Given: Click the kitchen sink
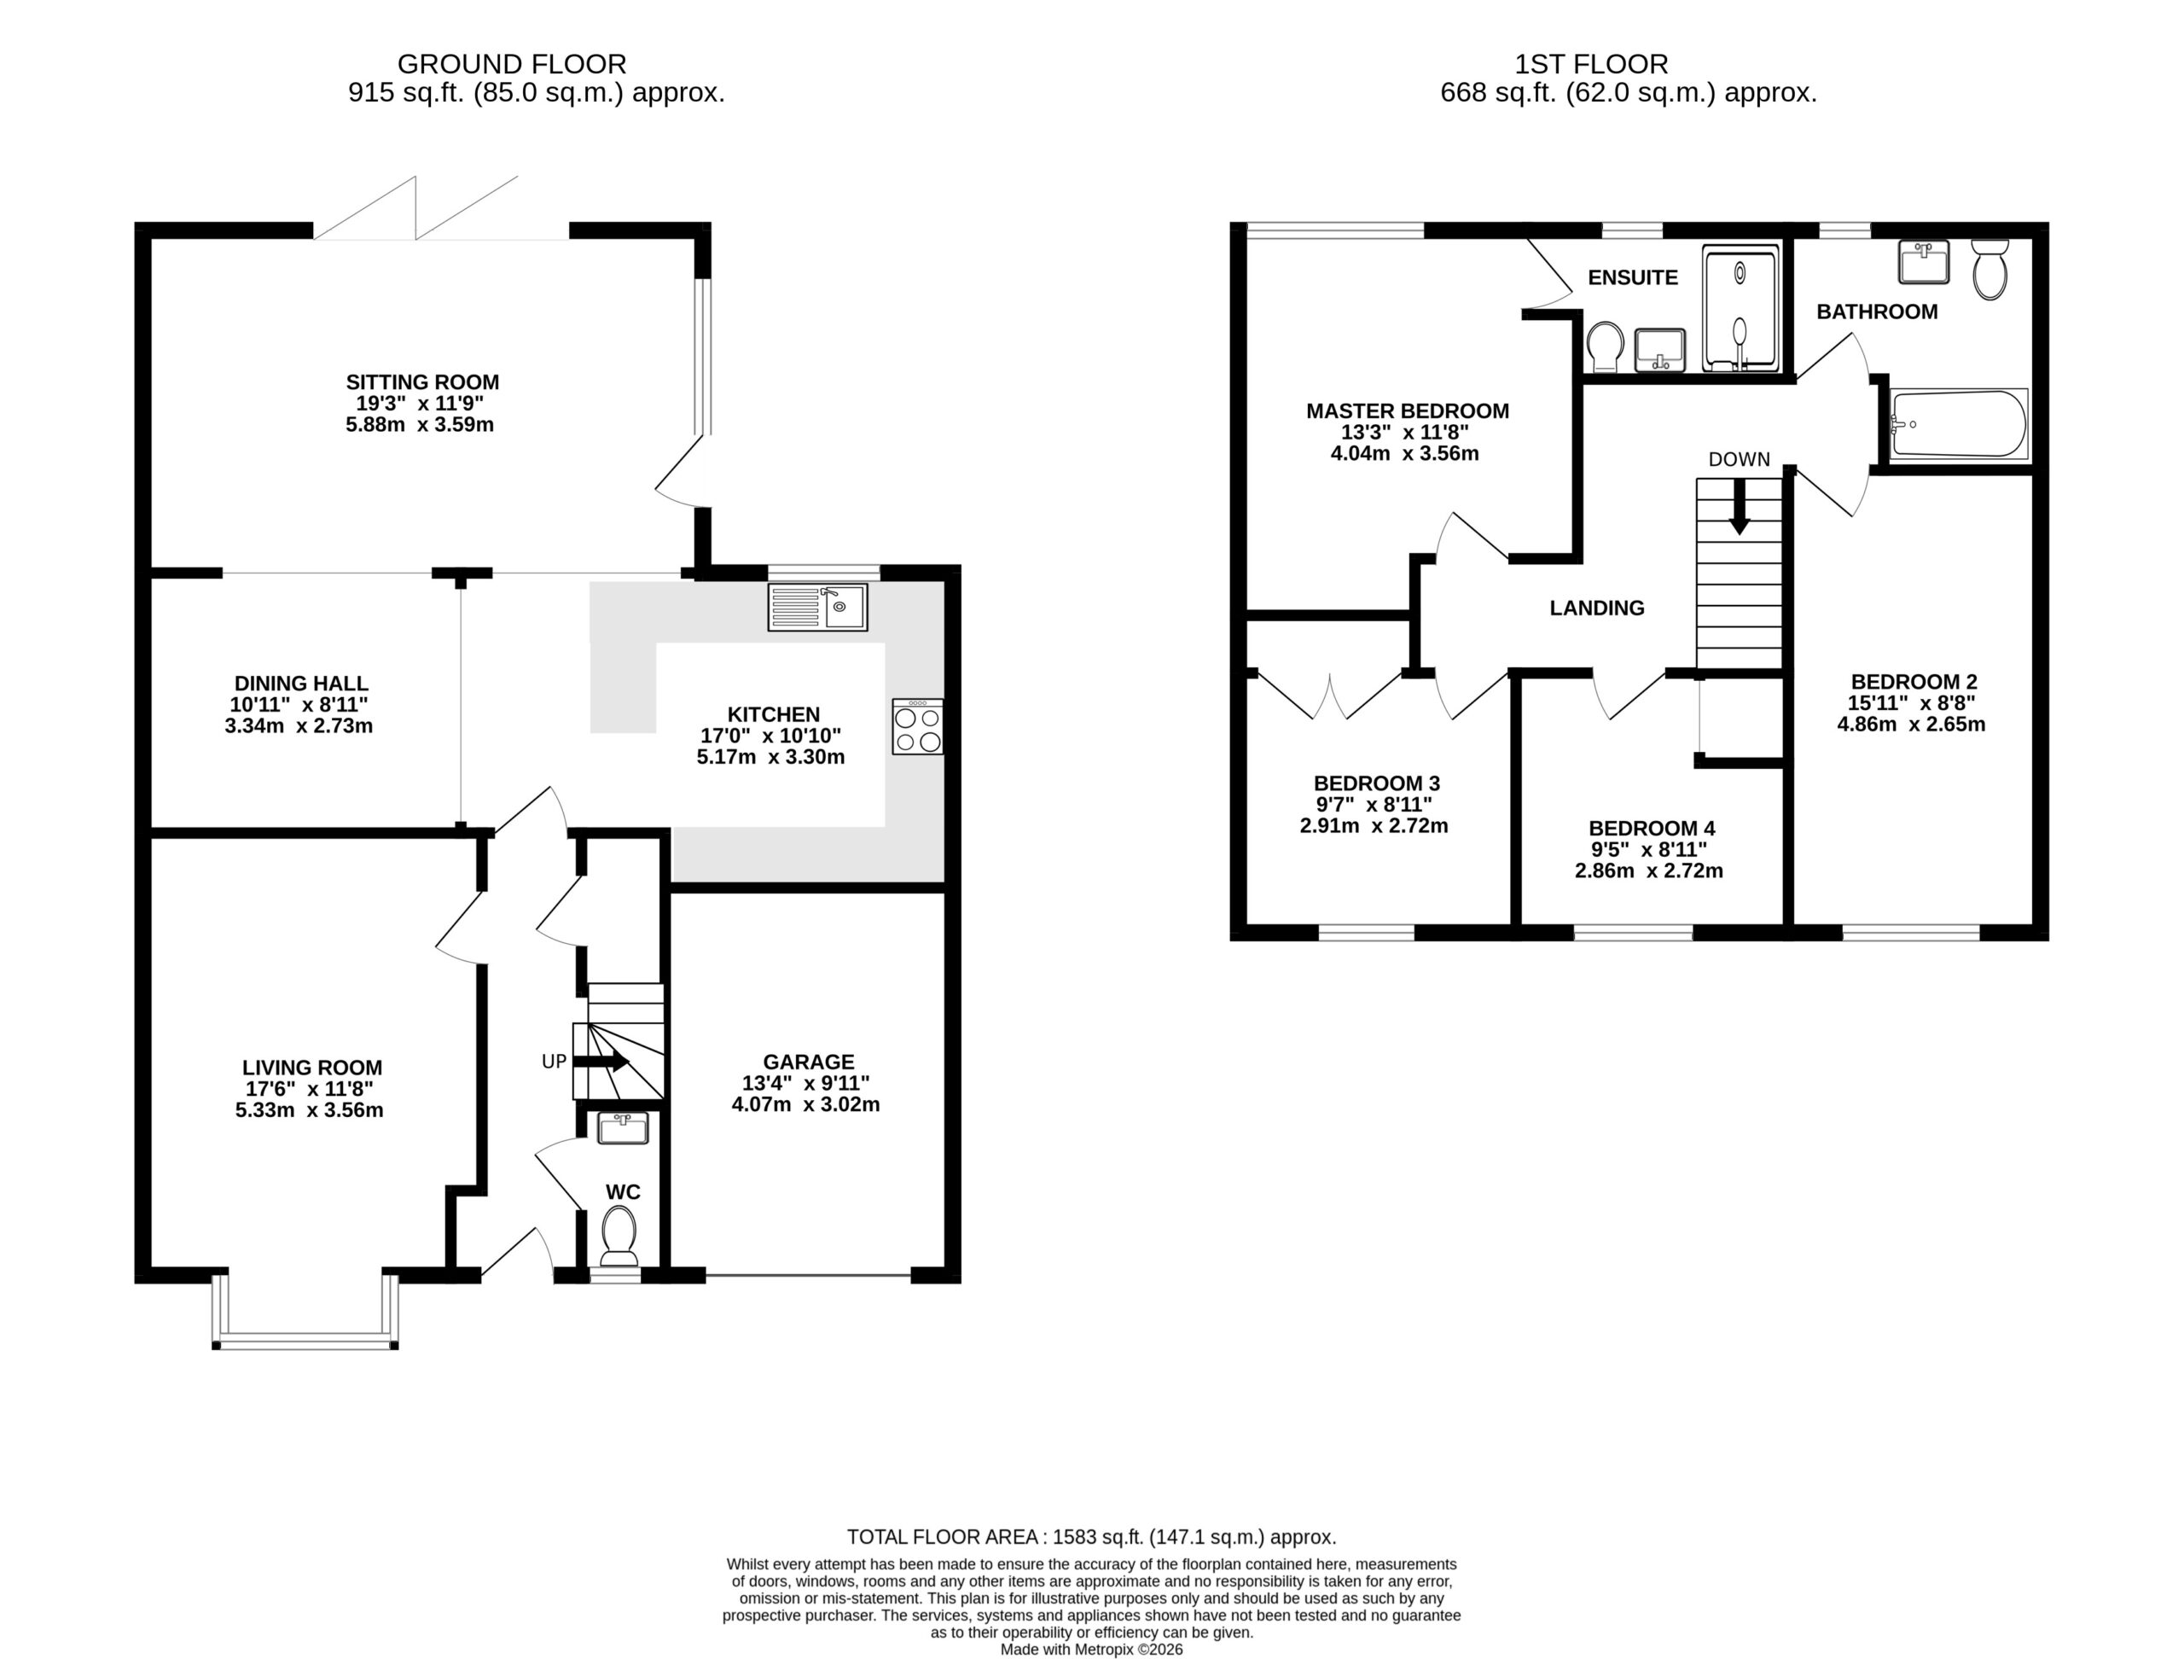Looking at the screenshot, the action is point(817,608).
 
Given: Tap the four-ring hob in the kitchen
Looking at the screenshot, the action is point(917,727).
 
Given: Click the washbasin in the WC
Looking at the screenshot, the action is point(623,1127).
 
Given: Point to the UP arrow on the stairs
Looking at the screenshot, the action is point(601,1062).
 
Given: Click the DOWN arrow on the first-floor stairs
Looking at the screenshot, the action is point(1740,507).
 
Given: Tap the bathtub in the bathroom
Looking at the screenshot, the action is point(1959,423).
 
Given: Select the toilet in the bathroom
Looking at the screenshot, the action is point(1989,269).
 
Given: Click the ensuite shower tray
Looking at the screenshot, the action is point(1740,307).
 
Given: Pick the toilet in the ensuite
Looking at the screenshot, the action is point(1606,346).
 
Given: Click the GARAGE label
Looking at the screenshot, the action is point(809,1062).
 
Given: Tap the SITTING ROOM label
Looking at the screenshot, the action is point(422,382).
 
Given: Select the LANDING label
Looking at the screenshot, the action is point(1596,608).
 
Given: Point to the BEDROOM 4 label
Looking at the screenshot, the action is point(1652,829).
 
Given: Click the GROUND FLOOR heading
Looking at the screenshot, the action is point(511,64).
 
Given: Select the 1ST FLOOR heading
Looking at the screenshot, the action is point(1592,64).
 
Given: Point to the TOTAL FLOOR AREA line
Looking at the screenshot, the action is point(1092,1537).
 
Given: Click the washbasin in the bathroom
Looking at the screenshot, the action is point(1923,262).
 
